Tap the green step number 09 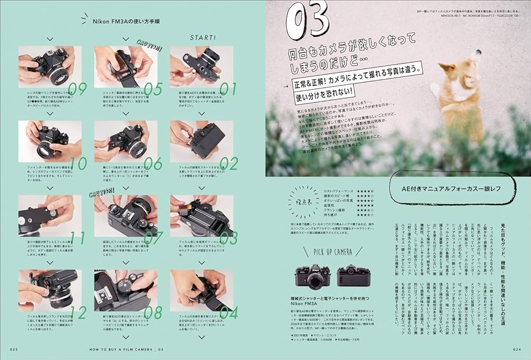coord(77,89)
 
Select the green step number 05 coord(153,89)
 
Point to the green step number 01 coord(229,89)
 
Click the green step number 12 coord(78,313)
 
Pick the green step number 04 coord(229,313)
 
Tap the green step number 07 coord(153,238)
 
